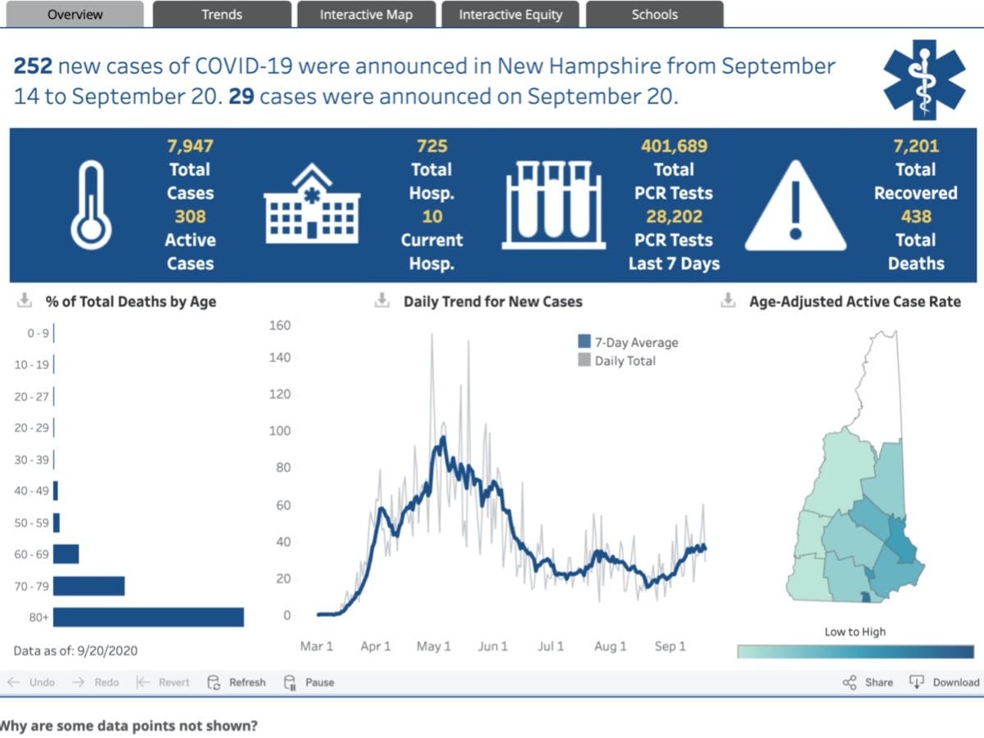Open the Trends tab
[x=222, y=14]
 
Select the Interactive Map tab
[x=366, y=14]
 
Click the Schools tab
[x=654, y=14]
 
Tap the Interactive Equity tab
[x=510, y=14]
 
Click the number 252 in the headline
[x=33, y=66]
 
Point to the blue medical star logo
[x=925, y=80]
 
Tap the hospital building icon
[x=311, y=204]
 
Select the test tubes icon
[x=554, y=205]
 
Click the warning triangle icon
[x=794, y=205]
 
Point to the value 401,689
[x=673, y=146]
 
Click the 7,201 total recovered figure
[x=915, y=146]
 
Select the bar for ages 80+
[x=149, y=617]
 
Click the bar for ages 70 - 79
[x=89, y=585]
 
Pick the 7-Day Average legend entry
[x=628, y=342]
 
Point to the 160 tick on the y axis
[x=280, y=325]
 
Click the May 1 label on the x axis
[x=433, y=646]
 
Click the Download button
[x=945, y=682]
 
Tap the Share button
[x=867, y=682]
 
